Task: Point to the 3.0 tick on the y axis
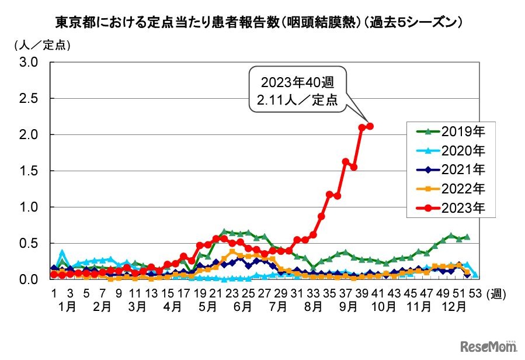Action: [29, 62]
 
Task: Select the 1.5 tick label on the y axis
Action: [29, 171]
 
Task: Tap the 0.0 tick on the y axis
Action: [29, 279]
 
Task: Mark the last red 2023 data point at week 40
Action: [370, 126]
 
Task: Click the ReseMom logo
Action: [488, 346]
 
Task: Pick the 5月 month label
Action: [204, 305]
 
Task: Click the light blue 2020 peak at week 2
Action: [62, 253]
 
